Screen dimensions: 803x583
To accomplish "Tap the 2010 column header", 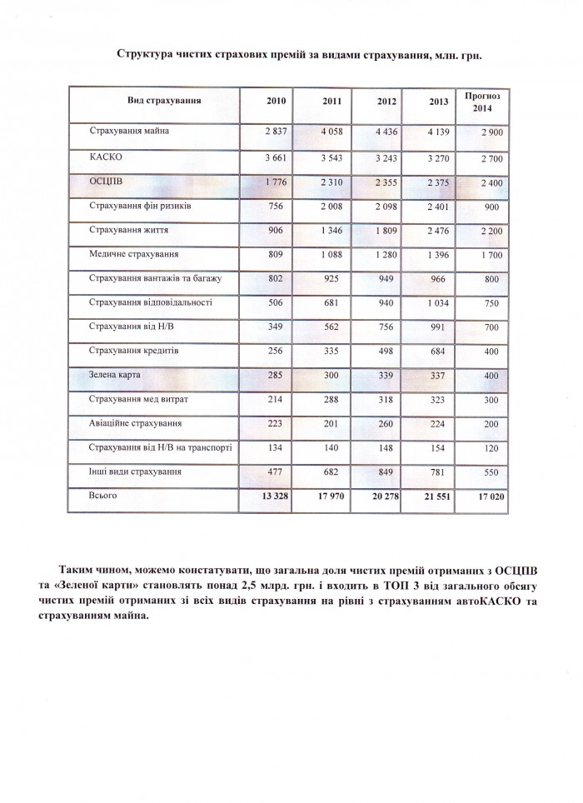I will tap(276, 101).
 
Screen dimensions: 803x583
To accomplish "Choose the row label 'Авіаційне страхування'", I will tap(136, 423).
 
